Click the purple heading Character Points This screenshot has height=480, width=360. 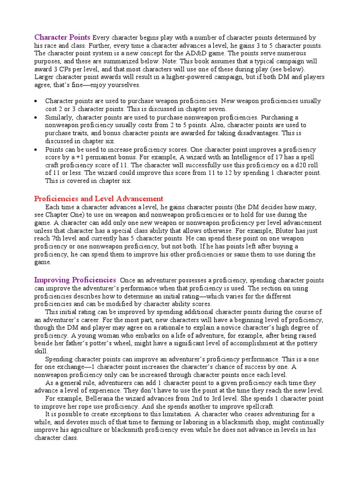click(62, 37)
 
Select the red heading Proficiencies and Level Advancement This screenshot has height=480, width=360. click(99, 198)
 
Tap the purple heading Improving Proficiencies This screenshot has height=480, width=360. click(75, 279)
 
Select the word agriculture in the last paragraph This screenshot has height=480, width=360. click(92, 430)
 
